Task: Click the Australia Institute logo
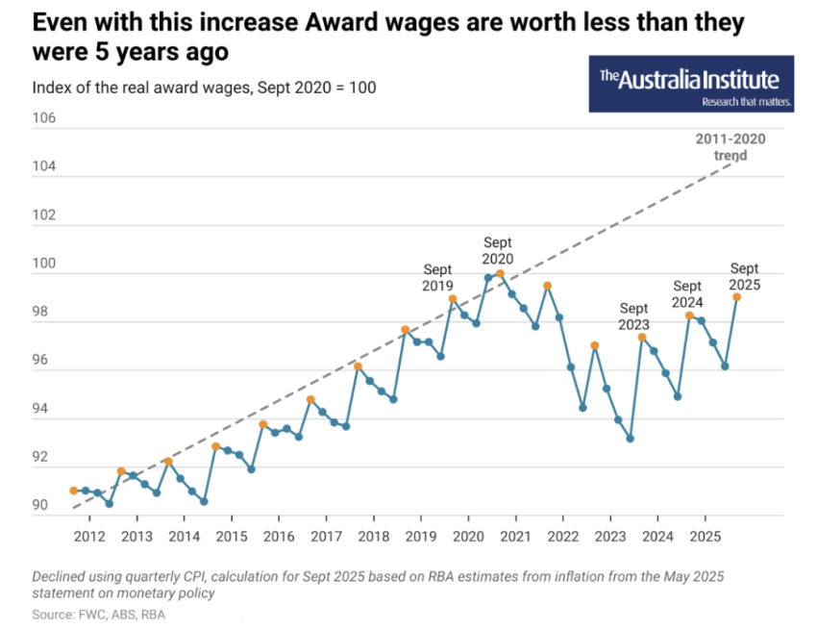[x=690, y=84]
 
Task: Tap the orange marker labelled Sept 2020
[x=500, y=274]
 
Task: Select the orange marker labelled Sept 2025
[x=736, y=297]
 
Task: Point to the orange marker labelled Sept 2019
[x=453, y=298]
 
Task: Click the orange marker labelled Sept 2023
[x=642, y=337]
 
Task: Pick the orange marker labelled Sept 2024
[x=689, y=315]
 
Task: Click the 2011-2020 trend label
[x=730, y=147]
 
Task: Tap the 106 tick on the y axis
[x=44, y=119]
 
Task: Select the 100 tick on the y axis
[x=44, y=264]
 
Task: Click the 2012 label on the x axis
[x=89, y=535]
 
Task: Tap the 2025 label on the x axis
[x=706, y=535]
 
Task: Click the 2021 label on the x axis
[x=515, y=535]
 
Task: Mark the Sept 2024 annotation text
[x=687, y=294]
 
